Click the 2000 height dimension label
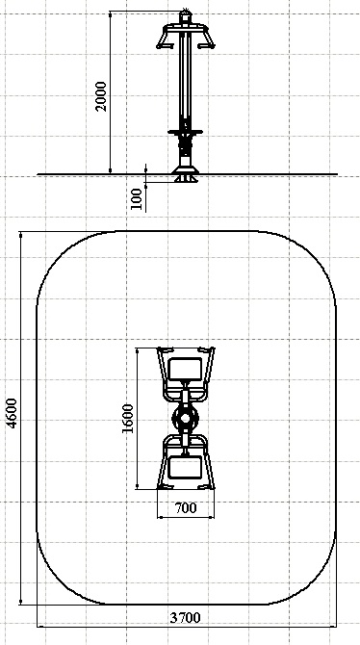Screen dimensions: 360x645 click(x=100, y=96)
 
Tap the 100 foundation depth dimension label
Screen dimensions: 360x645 click(x=137, y=198)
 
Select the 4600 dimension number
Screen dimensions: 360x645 click(x=12, y=413)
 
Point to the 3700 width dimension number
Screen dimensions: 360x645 click(x=185, y=617)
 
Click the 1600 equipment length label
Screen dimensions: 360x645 click(x=128, y=419)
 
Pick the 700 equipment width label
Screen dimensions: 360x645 click(x=186, y=508)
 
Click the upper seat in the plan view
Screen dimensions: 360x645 click(x=185, y=369)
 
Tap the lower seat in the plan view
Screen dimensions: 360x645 click(x=185, y=468)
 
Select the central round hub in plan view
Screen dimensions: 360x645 click(x=186, y=419)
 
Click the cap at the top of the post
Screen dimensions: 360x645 click(x=186, y=15)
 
